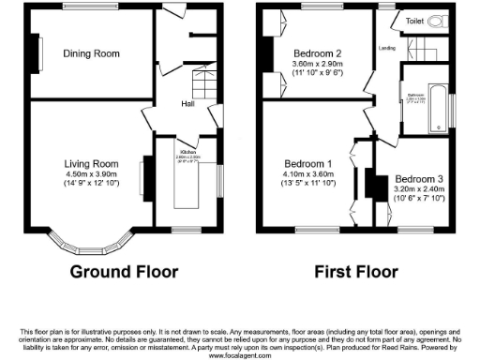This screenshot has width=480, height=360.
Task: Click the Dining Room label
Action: pos(91,54)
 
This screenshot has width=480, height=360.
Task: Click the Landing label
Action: pos(385,47)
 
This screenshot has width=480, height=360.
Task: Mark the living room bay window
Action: pos(91,234)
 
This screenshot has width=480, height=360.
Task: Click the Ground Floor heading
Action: pos(125,272)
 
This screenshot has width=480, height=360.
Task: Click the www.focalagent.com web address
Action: pos(240,355)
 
